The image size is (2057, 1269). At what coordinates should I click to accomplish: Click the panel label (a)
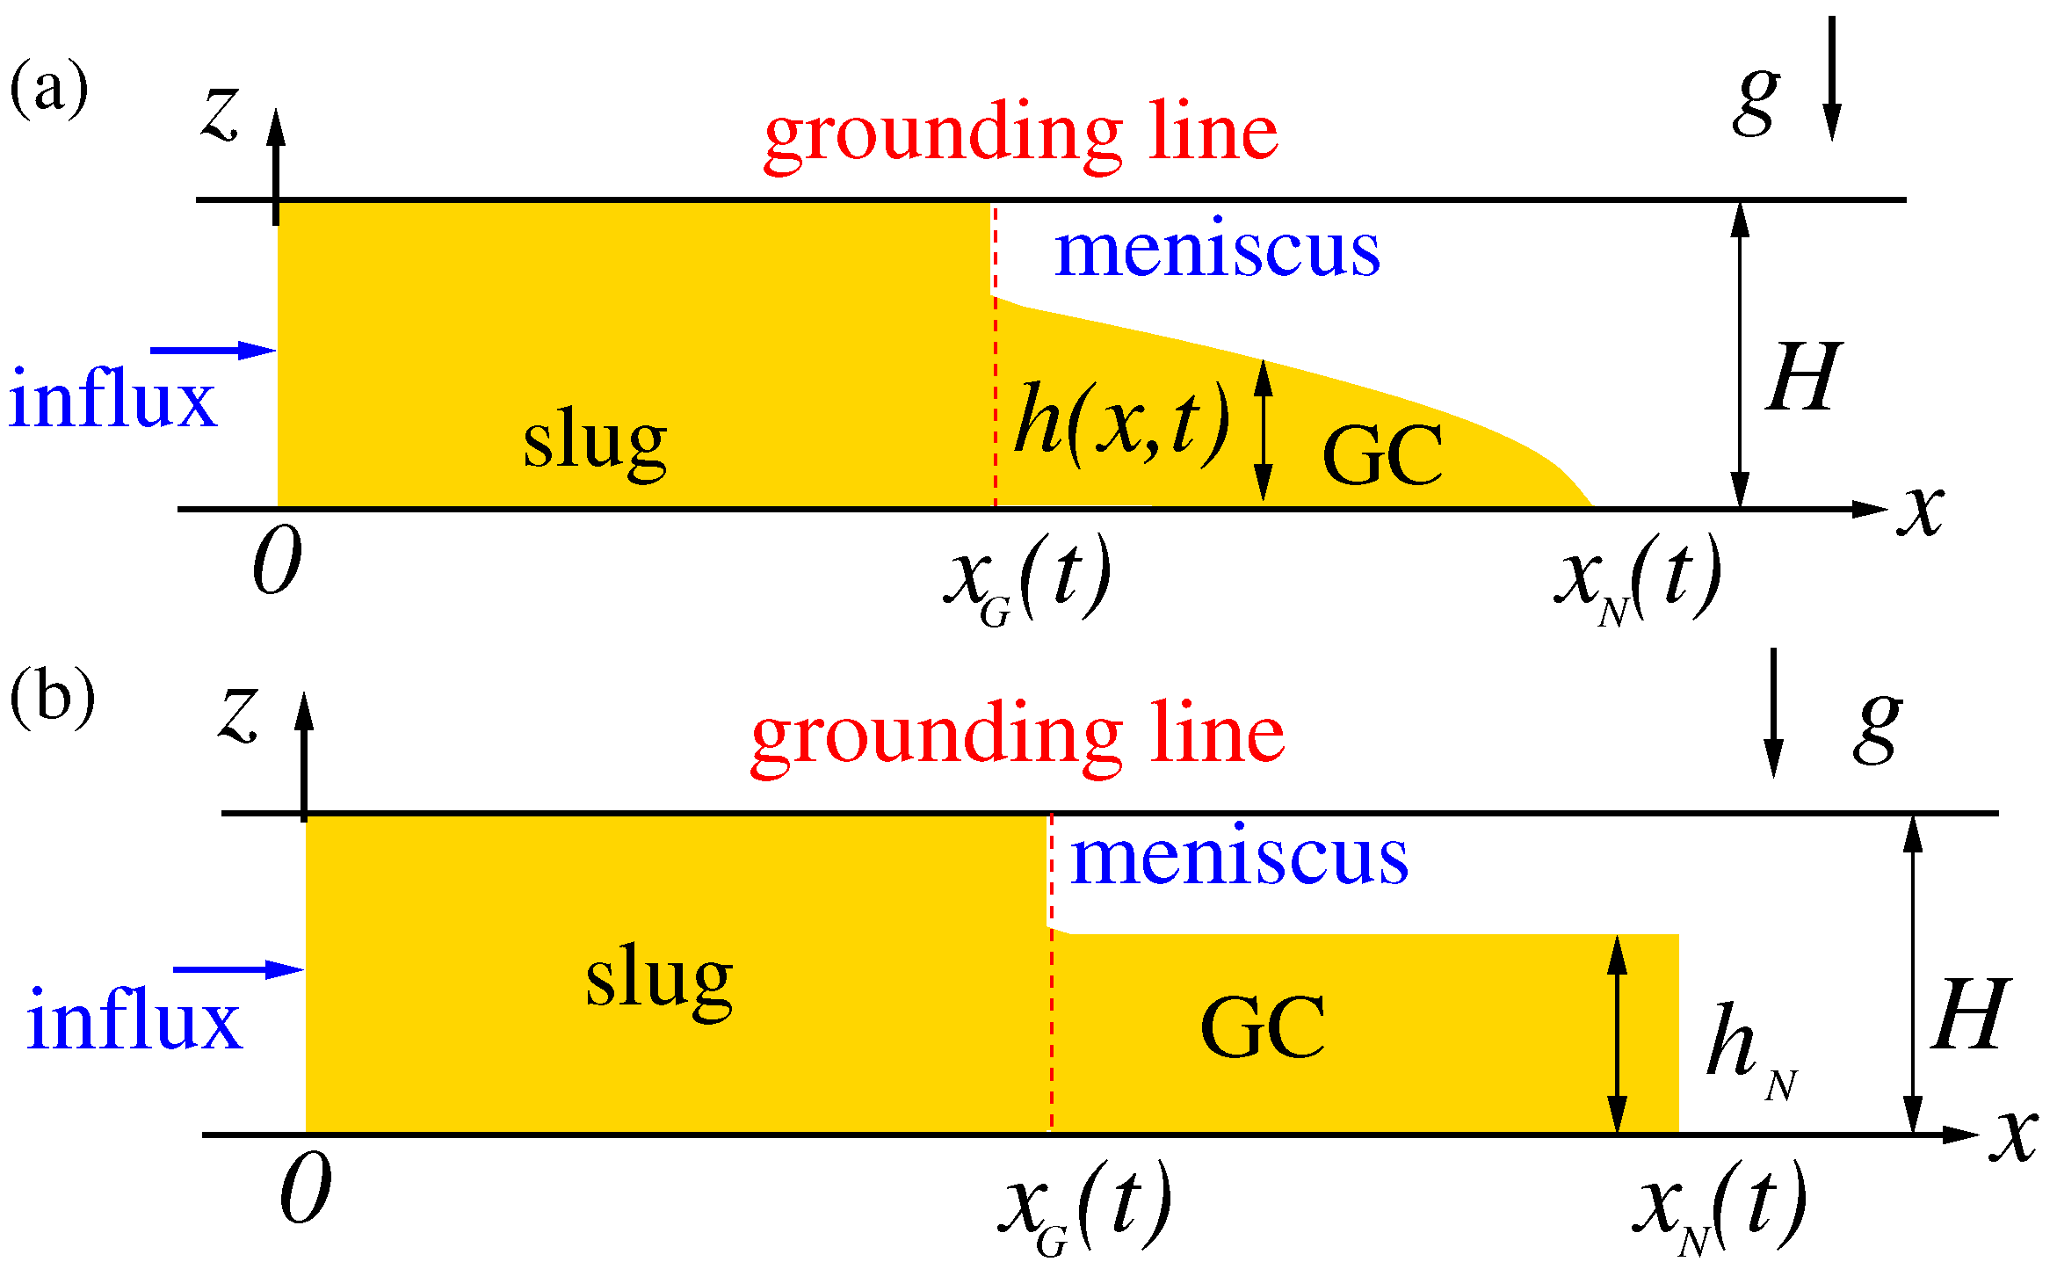click(49, 88)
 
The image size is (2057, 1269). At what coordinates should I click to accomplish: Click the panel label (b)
click(52, 699)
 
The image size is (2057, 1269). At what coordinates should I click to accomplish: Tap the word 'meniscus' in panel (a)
click(1217, 250)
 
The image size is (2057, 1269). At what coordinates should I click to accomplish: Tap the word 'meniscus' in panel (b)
click(1239, 856)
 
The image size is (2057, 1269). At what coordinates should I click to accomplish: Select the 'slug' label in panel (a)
click(595, 442)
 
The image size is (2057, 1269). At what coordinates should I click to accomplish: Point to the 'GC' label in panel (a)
click(1382, 456)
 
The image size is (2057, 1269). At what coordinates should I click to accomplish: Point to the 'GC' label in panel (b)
click(1263, 1028)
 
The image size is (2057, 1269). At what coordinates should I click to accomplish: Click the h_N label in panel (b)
click(1749, 1050)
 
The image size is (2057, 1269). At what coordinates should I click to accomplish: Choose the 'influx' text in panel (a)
click(112, 401)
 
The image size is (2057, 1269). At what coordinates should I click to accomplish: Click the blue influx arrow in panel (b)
click(238, 970)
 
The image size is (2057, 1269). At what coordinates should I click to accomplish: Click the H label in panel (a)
click(1803, 377)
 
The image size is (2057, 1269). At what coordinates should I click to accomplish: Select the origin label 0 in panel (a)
click(278, 562)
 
